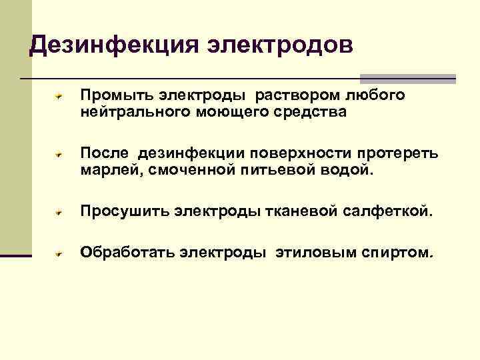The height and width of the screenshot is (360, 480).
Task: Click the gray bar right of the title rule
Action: tap(408, 79)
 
